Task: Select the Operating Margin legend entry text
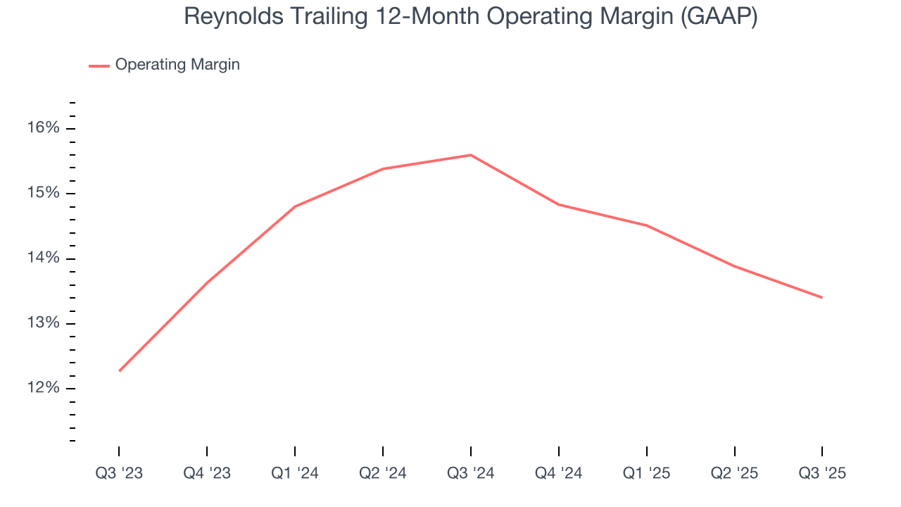(x=177, y=65)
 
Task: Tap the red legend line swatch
(x=99, y=65)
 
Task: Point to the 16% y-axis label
(x=44, y=128)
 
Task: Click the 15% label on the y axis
(x=44, y=194)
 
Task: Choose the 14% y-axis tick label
(x=44, y=258)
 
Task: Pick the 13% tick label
(x=44, y=324)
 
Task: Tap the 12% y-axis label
(x=44, y=389)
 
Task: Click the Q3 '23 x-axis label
(x=119, y=473)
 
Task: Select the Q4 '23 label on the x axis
(x=207, y=473)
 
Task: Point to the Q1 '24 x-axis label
(x=295, y=473)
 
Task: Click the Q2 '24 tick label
(x=383, y=473)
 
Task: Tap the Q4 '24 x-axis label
(x=559, y=473)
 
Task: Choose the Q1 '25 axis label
(x=647, y=473)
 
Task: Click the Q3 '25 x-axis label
(x=822, y=473)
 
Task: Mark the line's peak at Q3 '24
(x=471, y=155)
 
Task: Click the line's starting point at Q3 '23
(x=120, y=370)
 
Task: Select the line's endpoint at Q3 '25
(x=821, y=297)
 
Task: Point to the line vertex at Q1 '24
(x=295, y=206)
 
